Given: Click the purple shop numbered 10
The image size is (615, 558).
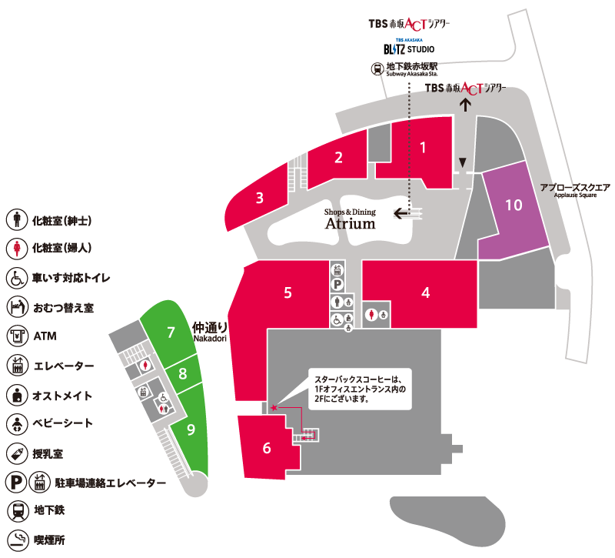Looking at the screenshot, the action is pos(514,212).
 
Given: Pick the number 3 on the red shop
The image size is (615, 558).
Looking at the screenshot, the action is pos(260,198).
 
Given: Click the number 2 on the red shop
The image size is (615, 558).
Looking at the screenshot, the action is pos(338,158).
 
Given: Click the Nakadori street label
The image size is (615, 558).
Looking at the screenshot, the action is pos(210,332).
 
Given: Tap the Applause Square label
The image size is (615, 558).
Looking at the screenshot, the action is pos(575,190).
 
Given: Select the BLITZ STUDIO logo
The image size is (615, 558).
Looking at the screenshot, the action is pos(409,47).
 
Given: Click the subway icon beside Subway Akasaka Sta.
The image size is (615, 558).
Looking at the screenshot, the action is pos(377,69).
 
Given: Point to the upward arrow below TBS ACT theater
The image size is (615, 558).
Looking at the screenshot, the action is pos(465,105).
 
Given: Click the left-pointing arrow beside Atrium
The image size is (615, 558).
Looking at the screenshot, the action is pos(401,214).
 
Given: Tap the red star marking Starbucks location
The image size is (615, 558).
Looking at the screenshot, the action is pos(274,408).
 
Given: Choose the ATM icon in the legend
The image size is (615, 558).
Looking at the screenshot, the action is pos(17,336).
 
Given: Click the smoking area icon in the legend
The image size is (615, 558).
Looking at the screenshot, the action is pos(18,540).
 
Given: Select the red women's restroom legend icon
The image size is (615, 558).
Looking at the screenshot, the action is pos(17,248).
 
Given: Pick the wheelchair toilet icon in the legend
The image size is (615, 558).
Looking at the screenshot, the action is pos(17,278).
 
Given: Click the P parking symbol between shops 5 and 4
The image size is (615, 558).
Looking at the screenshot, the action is pos(337,284).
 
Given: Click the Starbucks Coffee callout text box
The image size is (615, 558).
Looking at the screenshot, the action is pos(360,389).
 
